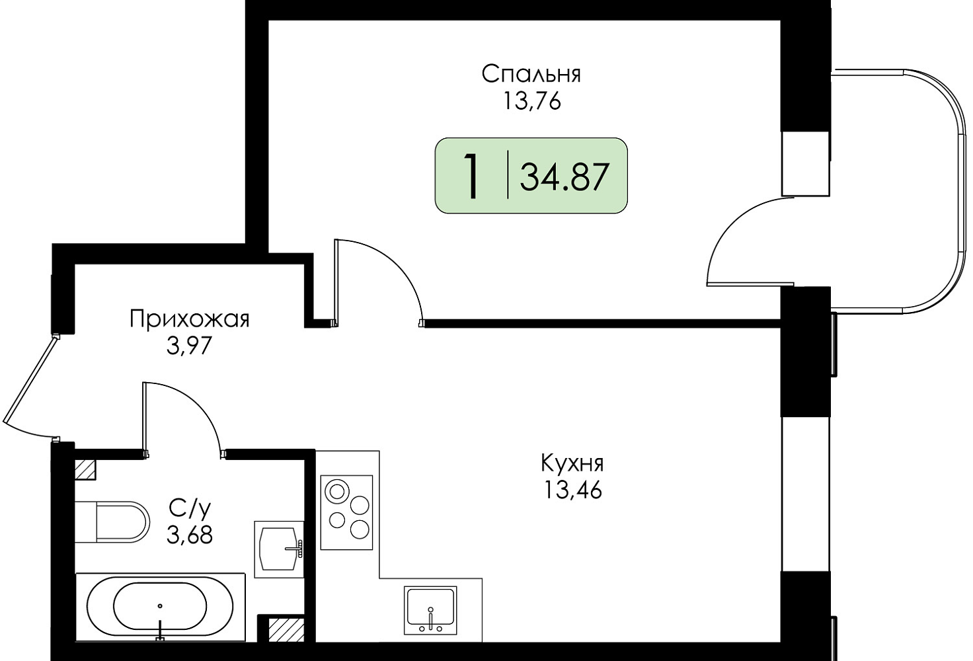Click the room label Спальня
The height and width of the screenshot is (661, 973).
click(x=531, y=75)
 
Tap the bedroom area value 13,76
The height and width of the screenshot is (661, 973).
click(x=532, y=102)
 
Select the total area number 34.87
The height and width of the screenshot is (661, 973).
click(x=563, y=177)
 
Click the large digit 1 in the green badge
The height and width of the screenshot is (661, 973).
click(x=471, y=176)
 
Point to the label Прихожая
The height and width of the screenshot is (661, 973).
click(x=190, y=320)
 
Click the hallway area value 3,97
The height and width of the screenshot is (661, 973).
click(x=189, y=346)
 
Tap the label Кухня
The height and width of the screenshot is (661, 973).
click(x=572, y=463)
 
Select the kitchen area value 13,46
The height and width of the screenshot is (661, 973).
click(x=572, y=490)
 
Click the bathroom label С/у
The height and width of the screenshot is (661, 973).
click(x=190, y=508)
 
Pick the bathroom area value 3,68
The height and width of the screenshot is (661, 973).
click(x=190, y=535)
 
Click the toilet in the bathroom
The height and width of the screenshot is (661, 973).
click(x=112, y=522)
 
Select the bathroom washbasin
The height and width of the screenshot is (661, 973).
click(x=279, y=549)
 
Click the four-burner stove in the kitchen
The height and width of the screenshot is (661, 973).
click(x=346, y=512)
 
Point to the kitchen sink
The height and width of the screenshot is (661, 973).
click(x=430, y=611)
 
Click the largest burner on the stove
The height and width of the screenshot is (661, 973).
click(x=336, y=492)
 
